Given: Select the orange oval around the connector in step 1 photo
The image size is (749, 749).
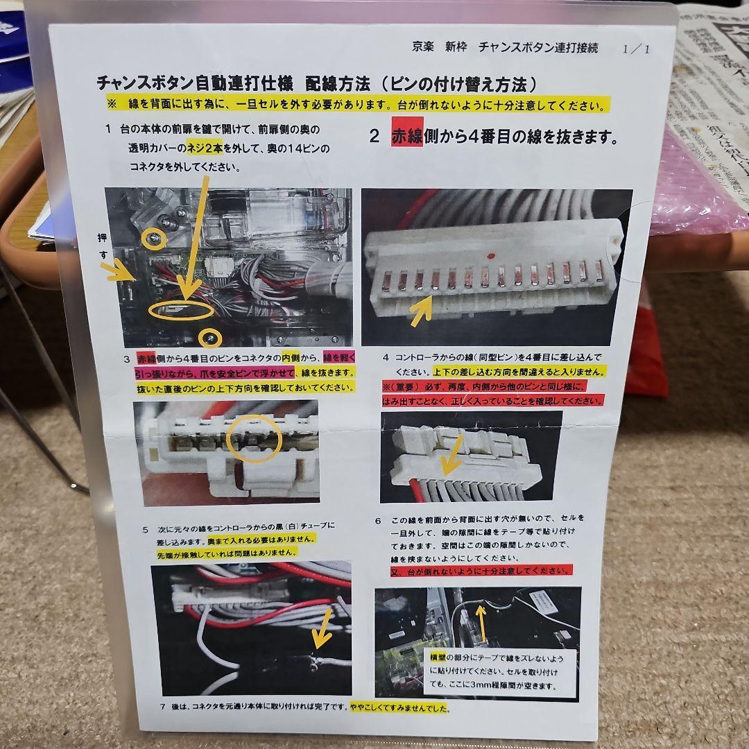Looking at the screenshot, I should point(180,310).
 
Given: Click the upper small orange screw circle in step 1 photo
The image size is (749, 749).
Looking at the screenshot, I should point(154,240).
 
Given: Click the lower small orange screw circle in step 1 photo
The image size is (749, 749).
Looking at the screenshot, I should point(211,338).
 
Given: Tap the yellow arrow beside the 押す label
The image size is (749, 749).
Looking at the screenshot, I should point(120,271).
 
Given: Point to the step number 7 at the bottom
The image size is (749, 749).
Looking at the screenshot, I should point(162,708).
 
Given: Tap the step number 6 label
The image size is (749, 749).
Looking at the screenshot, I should point(378,520).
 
